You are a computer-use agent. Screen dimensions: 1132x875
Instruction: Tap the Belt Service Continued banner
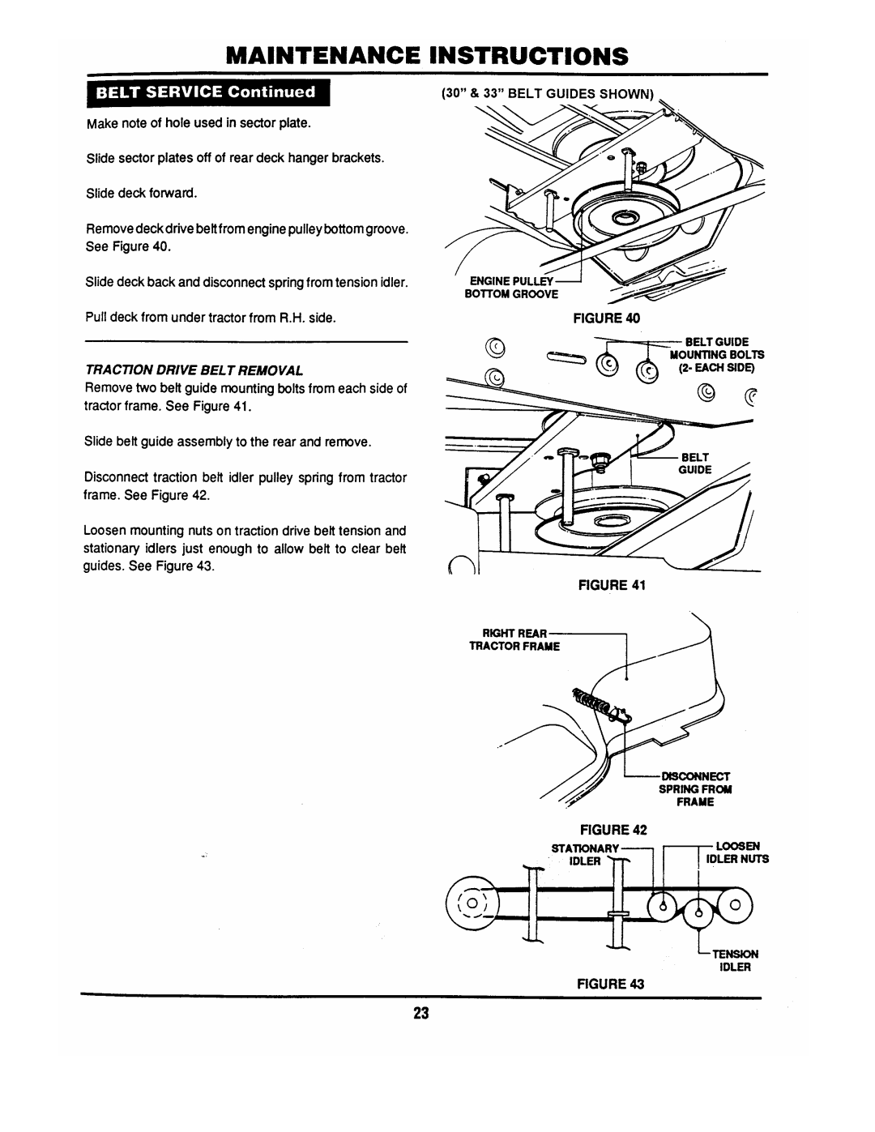coord(207,92)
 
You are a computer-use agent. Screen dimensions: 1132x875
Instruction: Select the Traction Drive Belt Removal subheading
coord(194,370)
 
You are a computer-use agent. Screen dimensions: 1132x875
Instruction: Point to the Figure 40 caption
coord(608,318)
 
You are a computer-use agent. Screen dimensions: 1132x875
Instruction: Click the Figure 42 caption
coord(608,831)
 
